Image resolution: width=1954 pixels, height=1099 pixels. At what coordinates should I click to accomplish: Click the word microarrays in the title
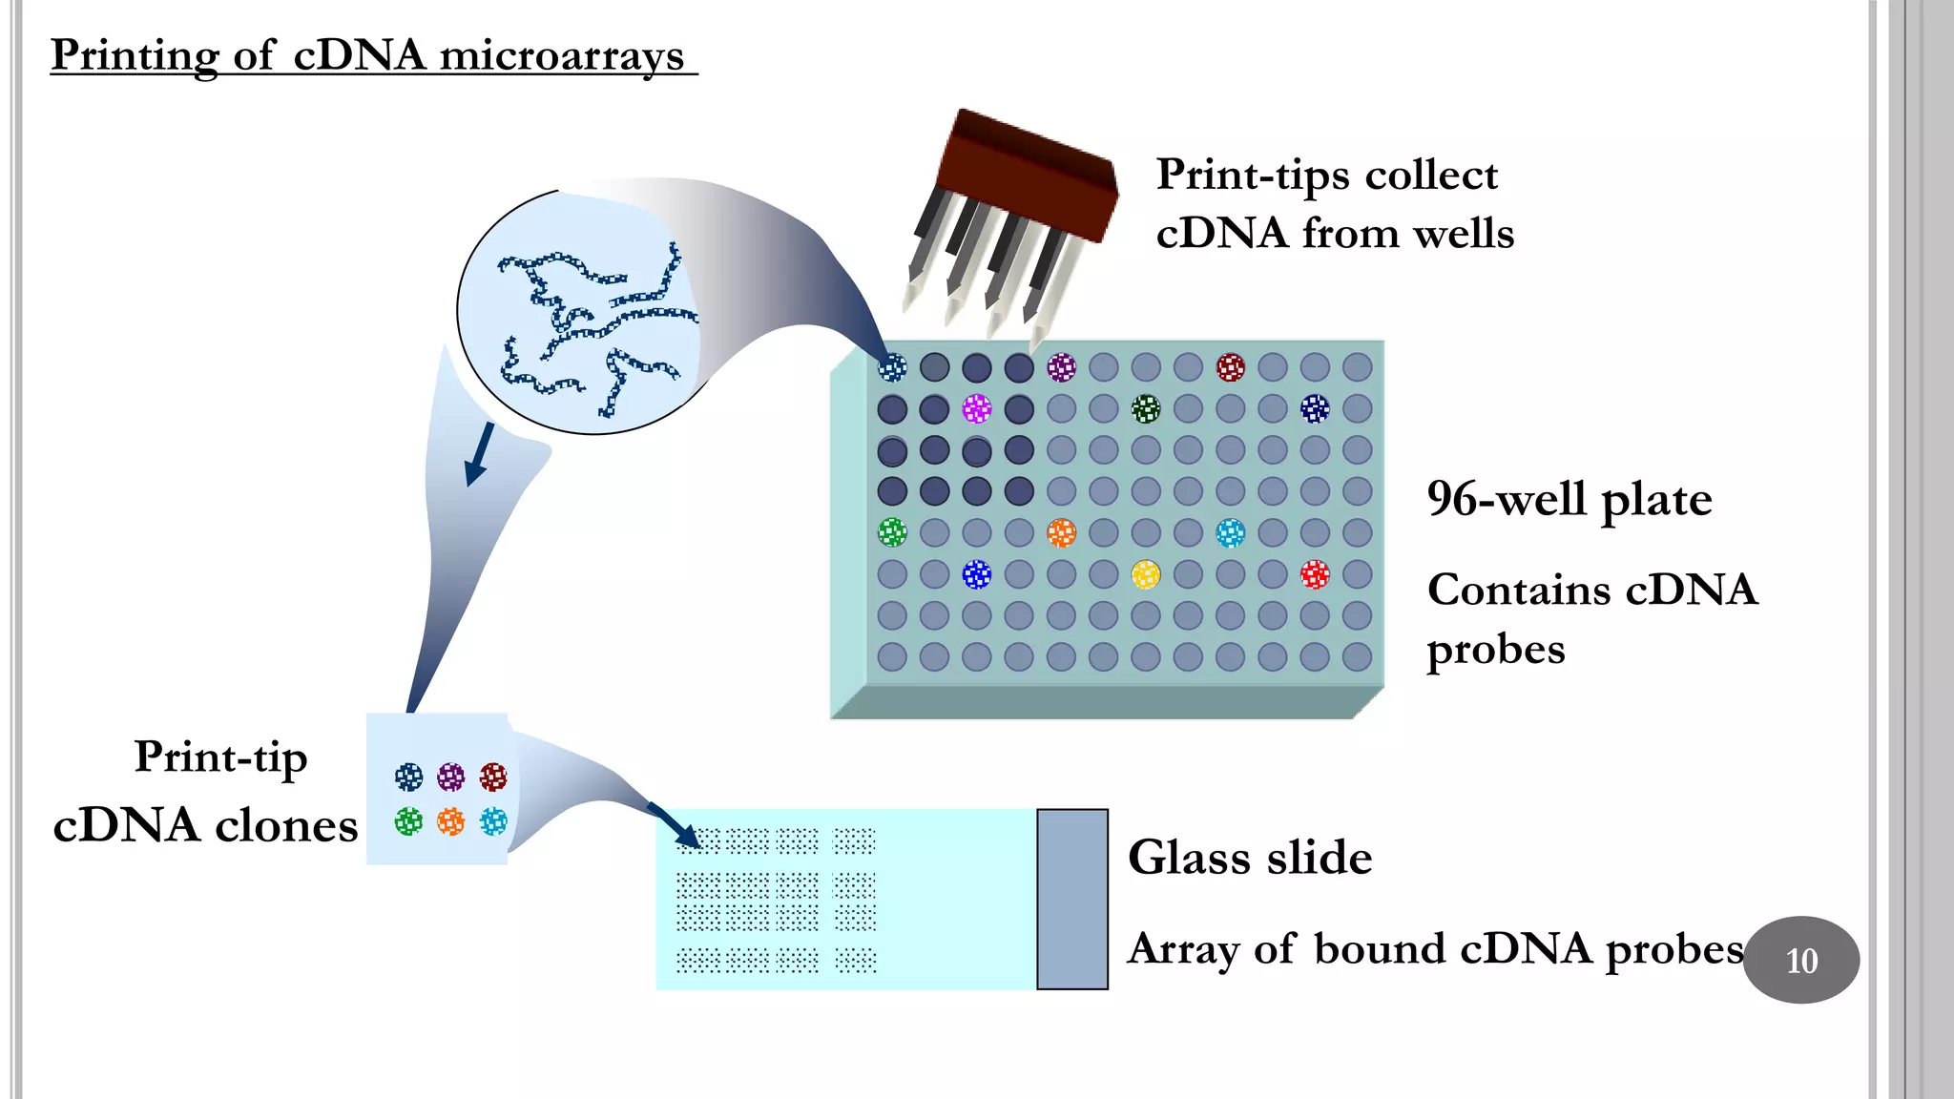(561, 55)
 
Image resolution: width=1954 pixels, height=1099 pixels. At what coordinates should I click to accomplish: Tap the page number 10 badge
(1800, 960)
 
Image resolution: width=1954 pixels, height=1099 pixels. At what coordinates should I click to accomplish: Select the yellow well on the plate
(1145, 574)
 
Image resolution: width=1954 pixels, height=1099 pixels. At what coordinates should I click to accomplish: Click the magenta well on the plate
(976, 409)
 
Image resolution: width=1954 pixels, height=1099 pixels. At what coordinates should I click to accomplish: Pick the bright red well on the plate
(1314, 574)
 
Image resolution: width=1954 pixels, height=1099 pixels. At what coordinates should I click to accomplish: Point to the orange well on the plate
(1061, 532)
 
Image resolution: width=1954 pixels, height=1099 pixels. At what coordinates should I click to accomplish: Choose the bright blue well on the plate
(976, 574)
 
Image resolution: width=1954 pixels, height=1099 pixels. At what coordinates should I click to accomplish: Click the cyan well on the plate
(1230, 532)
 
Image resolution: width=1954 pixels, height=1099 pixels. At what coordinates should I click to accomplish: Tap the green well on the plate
(891, 531)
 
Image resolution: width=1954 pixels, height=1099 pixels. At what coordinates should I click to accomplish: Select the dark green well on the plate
(1145, 409)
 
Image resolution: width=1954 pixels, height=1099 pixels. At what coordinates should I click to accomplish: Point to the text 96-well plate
(1569, 500)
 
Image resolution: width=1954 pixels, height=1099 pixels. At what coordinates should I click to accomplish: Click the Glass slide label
(1249, 858)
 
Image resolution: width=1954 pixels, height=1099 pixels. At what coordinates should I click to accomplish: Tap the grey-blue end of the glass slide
(1071, 899)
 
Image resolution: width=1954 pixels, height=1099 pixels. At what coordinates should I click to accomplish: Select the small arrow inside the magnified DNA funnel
(479, 454)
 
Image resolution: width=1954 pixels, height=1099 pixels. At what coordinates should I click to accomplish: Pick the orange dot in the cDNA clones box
(450, 820)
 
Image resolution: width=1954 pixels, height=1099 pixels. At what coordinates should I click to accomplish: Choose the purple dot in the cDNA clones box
(450, 777)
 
